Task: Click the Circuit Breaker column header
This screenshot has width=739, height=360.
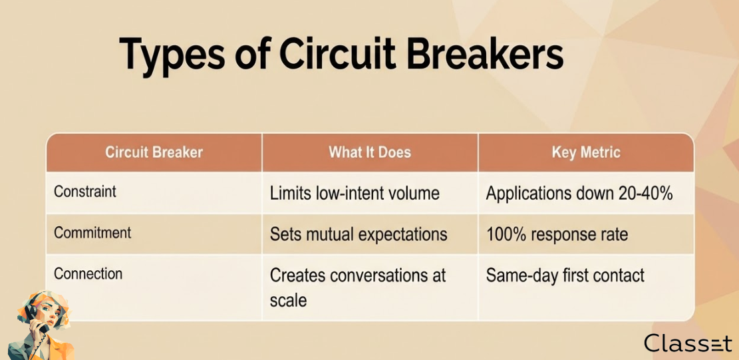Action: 154,152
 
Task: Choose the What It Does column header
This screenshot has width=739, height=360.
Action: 370,152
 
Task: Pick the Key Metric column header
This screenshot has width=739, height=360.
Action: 586,152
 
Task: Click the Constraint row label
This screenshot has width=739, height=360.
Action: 85,192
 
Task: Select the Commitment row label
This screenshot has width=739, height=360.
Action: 93,233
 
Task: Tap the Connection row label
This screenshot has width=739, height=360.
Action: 88,273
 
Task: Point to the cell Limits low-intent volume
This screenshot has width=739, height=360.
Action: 355,193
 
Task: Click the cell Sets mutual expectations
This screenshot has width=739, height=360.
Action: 358,234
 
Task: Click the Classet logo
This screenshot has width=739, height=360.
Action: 688,343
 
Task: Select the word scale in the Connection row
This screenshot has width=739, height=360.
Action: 288,300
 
